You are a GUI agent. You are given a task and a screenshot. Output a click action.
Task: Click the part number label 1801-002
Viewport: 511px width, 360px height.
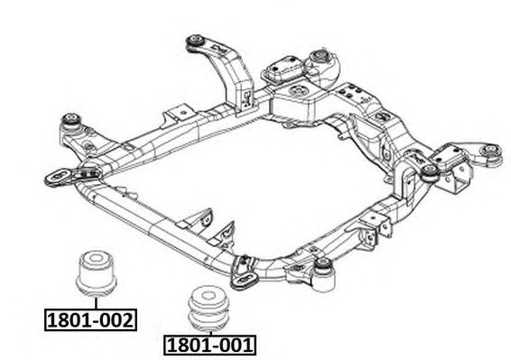coord(90,319)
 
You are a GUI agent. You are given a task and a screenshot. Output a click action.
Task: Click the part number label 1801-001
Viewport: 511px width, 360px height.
coord(209,345)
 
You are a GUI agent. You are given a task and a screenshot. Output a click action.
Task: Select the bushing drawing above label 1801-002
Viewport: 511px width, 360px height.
coord(96,273)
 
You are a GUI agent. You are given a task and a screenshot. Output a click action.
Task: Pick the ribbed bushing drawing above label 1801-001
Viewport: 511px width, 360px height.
coord(209,308)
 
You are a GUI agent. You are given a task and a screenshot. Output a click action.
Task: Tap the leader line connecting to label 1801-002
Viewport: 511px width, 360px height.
coord(96,302)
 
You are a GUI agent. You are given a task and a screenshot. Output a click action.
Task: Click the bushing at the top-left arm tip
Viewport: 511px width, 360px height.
coord(195,42)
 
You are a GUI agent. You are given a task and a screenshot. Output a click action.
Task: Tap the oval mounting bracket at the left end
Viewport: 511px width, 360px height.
coord(58,178)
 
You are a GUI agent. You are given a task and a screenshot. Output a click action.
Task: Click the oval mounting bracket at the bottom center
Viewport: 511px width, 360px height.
coord(245,280)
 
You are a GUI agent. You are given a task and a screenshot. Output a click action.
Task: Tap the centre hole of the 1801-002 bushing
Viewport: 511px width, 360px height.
coord(96,258)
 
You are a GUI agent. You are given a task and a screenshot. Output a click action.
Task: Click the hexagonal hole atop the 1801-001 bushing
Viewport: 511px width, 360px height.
coord(208,295)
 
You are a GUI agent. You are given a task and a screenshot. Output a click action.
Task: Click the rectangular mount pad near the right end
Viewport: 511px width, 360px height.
coord(448,157)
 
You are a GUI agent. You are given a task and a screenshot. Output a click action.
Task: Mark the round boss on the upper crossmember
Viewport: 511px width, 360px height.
coord(298,91)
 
